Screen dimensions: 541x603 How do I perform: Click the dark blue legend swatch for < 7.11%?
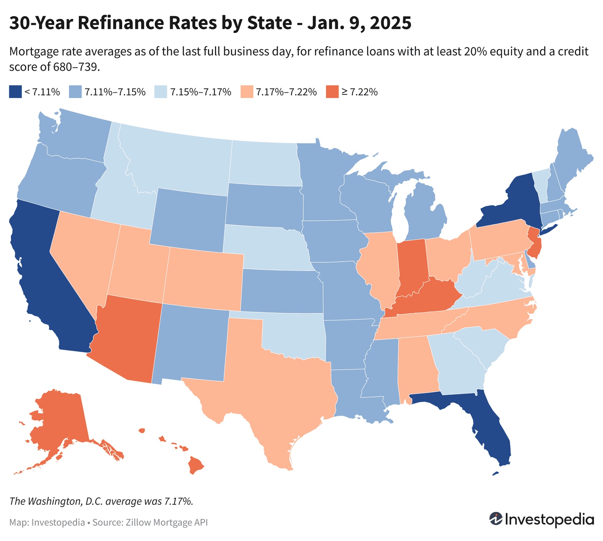point(15,92)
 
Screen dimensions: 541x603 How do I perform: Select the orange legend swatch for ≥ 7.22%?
point(332,92)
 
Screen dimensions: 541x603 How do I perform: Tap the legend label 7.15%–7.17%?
point(201,92)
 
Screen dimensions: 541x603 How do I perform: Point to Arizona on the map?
point(127,338)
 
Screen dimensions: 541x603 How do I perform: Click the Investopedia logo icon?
point(495,518)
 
